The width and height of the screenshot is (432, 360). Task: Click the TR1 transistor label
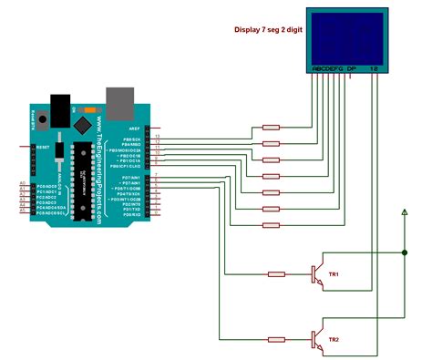pos(334,273)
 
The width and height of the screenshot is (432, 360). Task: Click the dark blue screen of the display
pos(346,36)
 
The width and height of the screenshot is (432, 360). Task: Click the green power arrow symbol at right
pos(404,213)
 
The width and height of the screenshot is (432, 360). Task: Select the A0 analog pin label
pos(23,184)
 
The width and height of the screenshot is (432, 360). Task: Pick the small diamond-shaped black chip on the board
pos(84,121)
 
